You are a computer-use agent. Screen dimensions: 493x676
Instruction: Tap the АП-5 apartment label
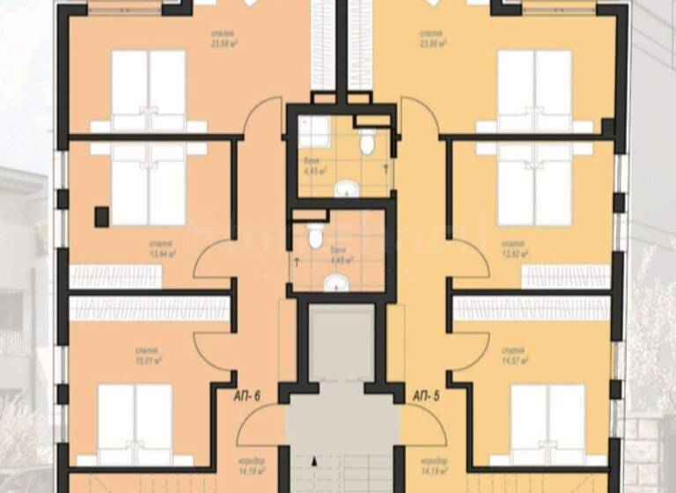pyautogui.click(x=427, y=397)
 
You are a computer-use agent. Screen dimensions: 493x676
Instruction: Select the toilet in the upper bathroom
pyautogui.click(x=367, y=142)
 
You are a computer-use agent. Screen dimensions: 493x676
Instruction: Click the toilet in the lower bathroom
pyautogui.click(x=315, y=236)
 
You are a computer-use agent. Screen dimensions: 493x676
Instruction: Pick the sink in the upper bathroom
pyautogui.click(x=349, y=187)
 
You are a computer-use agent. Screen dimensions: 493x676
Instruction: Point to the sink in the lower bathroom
pyautogui.click(x=335, y=283)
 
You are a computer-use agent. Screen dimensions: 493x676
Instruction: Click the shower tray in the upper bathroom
pyautogui.click(x=314, y=132)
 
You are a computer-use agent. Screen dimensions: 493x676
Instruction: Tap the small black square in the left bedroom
pyautogui.click(x=102, y=216)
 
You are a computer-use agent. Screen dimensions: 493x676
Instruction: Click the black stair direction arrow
pyautogui.click(x=313, y=458)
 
